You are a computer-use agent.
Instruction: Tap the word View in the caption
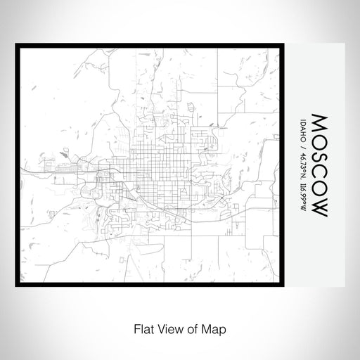coord(165,328)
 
